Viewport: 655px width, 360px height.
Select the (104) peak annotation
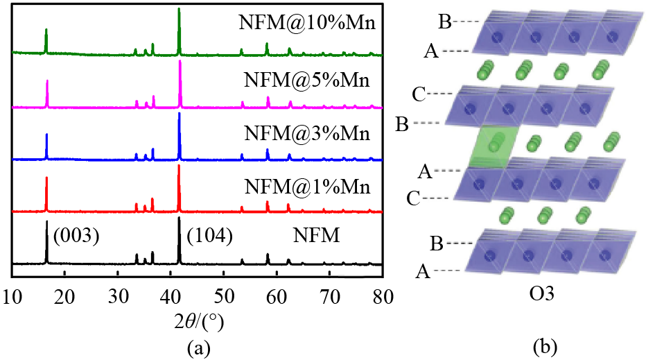[209, 236]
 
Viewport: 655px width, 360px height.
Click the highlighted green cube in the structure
[493, 146]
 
